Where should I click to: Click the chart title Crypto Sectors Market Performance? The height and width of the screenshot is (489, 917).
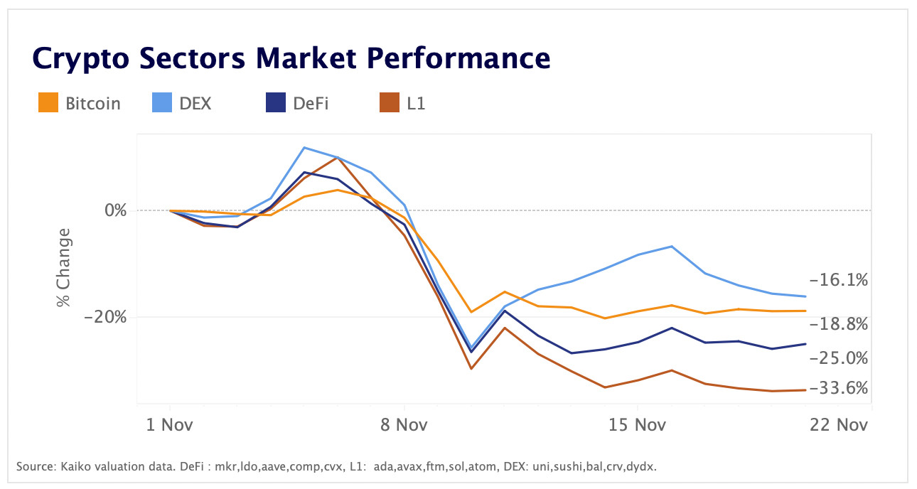pos(291,58)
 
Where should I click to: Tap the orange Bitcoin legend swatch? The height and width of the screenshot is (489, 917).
pos(48,103)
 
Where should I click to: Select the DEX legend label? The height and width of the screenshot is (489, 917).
pos(195,103)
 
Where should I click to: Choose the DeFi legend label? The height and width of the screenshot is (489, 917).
pos(311,103)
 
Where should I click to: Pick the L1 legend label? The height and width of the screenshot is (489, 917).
pos(416,103)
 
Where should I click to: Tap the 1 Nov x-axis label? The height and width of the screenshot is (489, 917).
pos(170,424)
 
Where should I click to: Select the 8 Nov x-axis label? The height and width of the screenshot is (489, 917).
pos(404,424)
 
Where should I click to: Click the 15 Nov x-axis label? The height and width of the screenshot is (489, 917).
pos(638,424)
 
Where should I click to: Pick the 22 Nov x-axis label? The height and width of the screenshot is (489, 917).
pos(839,424)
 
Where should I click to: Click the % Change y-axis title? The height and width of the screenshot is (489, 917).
pos(65,267)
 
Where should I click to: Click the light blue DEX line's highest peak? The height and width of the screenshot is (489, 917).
pos(304,147)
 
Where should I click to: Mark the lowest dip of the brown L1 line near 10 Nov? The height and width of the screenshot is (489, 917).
pos(471,368)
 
